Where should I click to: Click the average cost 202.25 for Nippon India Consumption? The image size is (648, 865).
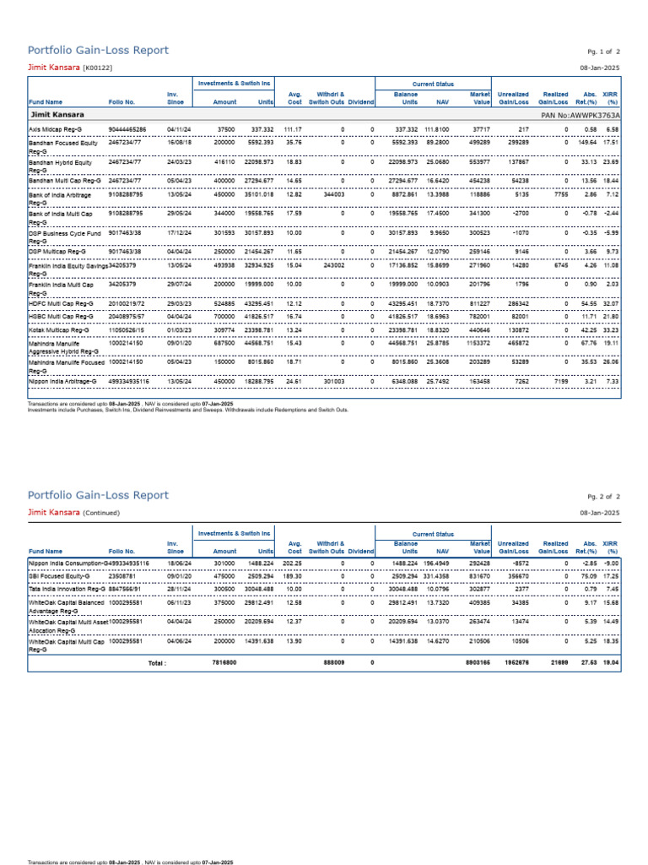tap(292, 562)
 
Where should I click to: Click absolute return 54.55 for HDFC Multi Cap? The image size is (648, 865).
tap(589, 302)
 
